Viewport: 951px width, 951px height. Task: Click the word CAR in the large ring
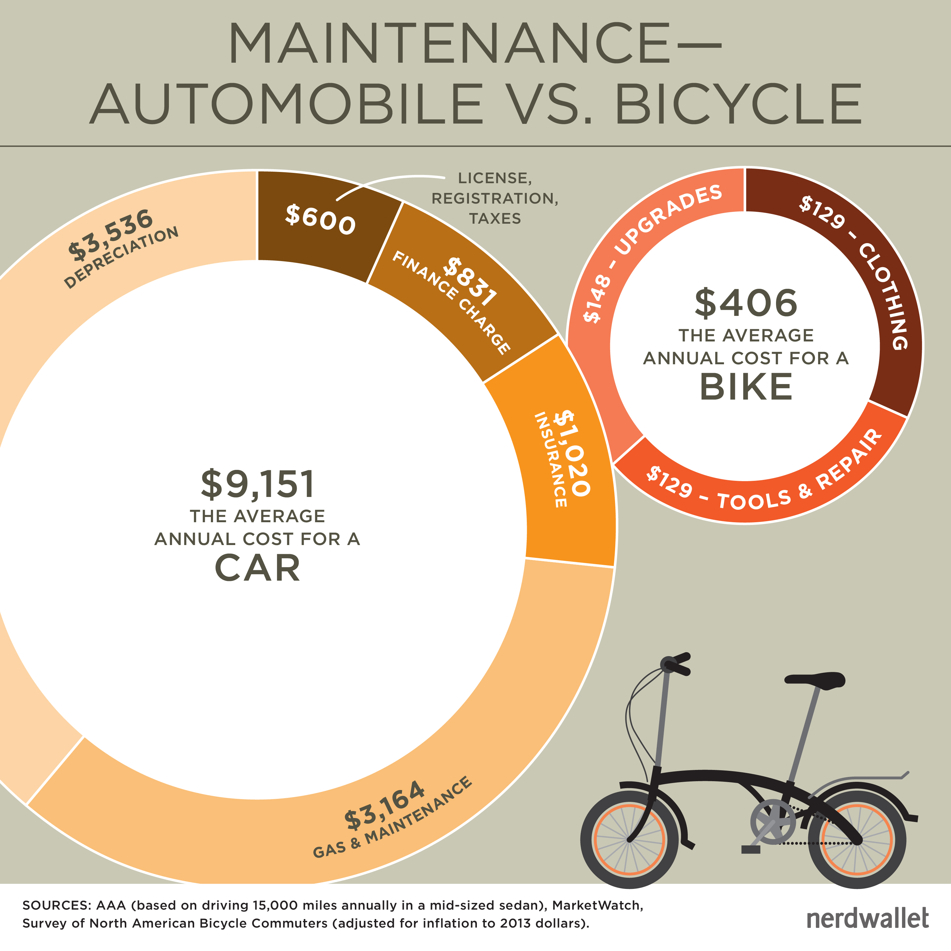257,568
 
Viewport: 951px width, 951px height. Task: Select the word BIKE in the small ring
746,387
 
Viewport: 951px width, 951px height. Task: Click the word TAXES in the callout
495,219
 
